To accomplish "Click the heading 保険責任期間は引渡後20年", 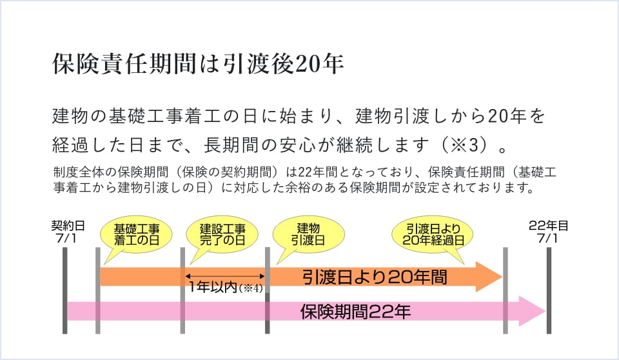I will point(197,65).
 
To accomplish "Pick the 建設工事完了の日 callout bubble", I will point(222,234).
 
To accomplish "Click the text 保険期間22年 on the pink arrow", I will point(356,312).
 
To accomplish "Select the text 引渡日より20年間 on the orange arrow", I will point(375,277).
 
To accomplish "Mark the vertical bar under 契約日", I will point(65,290).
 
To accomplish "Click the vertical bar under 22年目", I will point(549,290).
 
